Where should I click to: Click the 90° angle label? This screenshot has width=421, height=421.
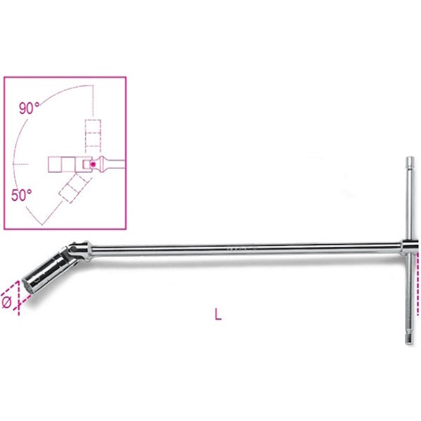(29, 108)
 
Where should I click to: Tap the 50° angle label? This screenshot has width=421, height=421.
(22, 194)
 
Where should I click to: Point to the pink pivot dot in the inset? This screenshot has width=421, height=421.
(93, 164)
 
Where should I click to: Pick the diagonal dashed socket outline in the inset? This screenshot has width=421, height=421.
(73, 189)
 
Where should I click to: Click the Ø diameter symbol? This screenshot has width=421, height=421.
(7, 302)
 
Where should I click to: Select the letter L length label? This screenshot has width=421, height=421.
(218, 314)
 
